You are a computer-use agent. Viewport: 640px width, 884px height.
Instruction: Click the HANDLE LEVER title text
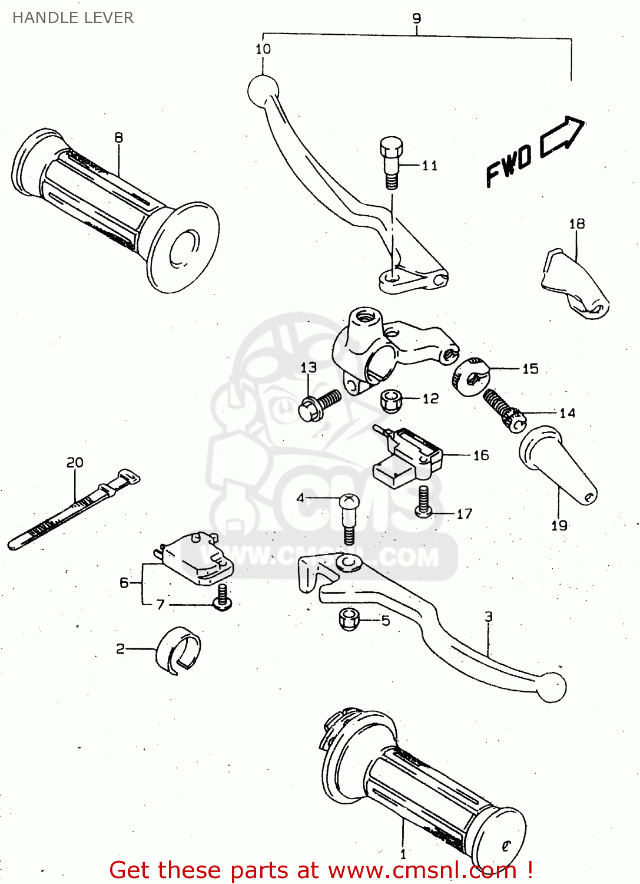(73, 18)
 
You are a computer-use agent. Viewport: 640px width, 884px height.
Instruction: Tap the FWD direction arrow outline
(562, 137)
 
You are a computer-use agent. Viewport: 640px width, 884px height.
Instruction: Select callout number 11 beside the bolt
(430, 166)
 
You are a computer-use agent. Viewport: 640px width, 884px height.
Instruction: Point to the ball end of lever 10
(263, 90)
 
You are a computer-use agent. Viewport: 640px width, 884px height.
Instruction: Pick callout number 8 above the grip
(119, 137)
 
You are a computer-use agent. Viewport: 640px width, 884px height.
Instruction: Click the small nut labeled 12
(391, 401)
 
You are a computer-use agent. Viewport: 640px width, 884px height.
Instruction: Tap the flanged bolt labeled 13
(318, 405)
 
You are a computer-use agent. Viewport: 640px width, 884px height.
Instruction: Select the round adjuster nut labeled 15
(470, 376)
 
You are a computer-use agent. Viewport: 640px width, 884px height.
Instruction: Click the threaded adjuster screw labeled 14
(504, 410)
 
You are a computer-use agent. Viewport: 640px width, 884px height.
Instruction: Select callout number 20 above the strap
(75, 463)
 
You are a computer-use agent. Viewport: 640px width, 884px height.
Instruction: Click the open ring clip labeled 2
(178, 649)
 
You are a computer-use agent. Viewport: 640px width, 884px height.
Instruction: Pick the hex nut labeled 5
(349, 619)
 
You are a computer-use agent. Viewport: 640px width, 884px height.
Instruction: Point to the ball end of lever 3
(552, 687)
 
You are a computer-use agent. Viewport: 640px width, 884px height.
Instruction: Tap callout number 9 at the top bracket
(417, 18)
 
